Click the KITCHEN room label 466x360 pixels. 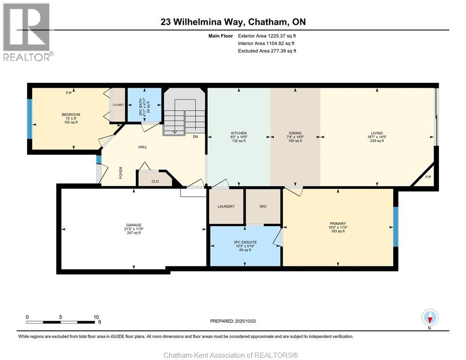[239, 133]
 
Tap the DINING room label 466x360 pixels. [295, 133]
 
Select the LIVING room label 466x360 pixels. [377, 133]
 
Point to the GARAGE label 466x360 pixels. [134, 225]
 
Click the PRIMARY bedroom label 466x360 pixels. [338, 224]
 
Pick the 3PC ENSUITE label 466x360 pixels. [245, 242]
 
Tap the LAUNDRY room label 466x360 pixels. [226, 206]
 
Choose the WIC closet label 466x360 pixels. [263, 206]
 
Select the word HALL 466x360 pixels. [143, 147]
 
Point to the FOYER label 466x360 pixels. [120, 172]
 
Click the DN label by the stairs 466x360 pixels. [195, 137]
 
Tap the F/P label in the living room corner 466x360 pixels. [428, 177]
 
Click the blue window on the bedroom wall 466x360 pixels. [30, 119]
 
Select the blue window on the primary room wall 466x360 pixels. [396, 227]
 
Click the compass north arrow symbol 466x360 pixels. [430, 317]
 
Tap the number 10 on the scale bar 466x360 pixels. [96, 317]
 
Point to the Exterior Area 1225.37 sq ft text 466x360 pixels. [267, 36]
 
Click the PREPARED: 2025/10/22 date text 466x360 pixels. [233, 321]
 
